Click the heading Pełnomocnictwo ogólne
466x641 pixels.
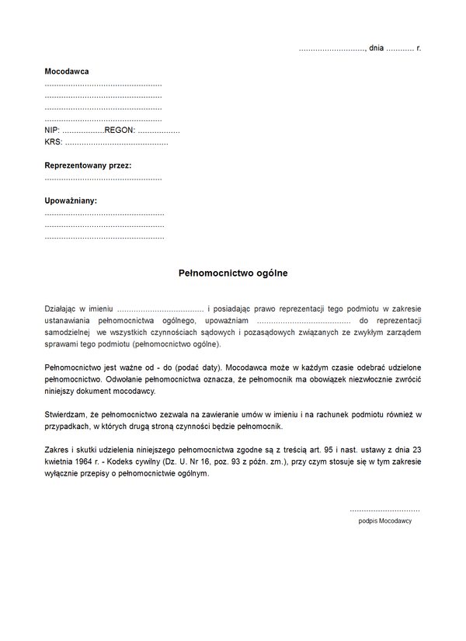233,273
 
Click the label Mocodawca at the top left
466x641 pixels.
67,71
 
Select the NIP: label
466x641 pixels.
52,131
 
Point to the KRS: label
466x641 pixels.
54,142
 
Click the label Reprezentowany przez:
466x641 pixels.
88,166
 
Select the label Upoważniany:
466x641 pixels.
71,201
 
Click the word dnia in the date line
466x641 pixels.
377,48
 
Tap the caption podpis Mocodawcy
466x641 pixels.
385,521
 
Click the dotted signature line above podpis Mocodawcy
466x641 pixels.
385,509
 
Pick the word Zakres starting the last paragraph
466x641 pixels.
57,450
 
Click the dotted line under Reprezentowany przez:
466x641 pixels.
103,179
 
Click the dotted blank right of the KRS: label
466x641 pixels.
116,143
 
